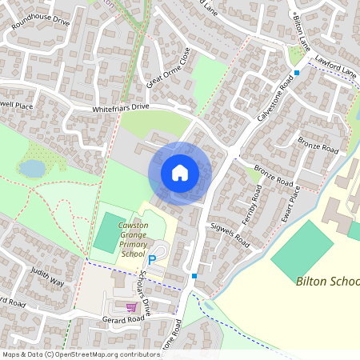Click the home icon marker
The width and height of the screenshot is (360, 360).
point(180,173)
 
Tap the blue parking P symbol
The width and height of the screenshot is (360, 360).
point(151,260)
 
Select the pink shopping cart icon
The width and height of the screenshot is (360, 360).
point(131,306)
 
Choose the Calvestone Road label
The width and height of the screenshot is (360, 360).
point(274,98)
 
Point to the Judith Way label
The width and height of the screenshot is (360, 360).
point(46,277)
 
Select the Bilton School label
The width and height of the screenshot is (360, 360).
point(327,281)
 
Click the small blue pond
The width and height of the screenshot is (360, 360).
point(33,167)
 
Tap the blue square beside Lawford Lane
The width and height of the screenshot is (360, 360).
point(297,73)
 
